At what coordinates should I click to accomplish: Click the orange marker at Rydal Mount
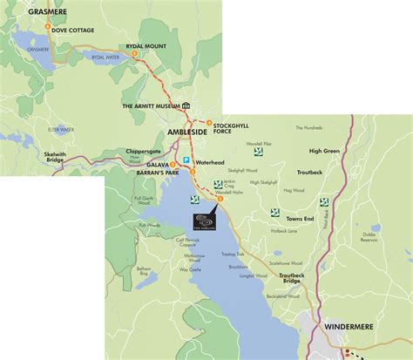pos(135,55)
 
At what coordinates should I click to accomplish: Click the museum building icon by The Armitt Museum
pos(186,105)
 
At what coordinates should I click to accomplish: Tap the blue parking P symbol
pos(186,160)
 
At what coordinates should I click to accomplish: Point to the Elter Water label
pos(61,129)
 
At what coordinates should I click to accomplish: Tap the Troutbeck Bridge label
pos(291,279)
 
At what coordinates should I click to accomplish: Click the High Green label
pos(323,151)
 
